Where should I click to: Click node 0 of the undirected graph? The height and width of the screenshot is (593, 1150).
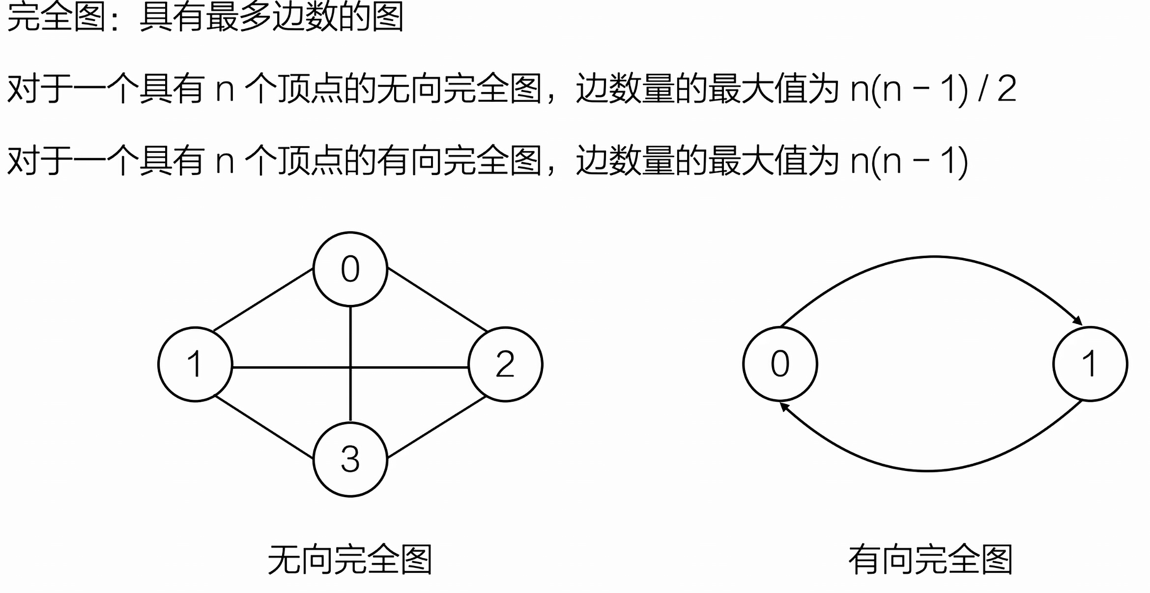pyautogui.click(x=350, y=269)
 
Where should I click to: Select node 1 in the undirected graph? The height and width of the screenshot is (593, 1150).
pyautogui.click(x=195, y=364)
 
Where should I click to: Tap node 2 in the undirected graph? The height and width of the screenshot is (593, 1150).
pyautogui.click(x=505, y=364)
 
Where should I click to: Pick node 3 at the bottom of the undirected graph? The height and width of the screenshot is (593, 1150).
pyautogui.click(x=350, y=459)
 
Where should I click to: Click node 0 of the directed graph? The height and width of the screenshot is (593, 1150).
pyautogui.click(x=780, y=364)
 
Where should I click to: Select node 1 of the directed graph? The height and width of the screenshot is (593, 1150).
pyautogui.click(x=1090, y=364)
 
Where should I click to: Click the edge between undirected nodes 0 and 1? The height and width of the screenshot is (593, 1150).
pyautogui.click(x=263, y=299)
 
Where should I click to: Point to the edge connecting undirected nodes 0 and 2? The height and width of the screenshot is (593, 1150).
pyautogui.click(x=437, y=299)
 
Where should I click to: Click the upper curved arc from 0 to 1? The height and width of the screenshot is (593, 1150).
pyautogui.click(x=934, y=257)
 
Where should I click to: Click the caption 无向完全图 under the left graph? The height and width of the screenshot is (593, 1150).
pyautogui.click(x=349, y=560)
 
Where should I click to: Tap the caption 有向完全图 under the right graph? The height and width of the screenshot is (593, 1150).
pyautogui.click(x=930, y=560)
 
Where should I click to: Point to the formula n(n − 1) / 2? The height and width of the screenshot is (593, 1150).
pyautogui.click(x=933, y=89)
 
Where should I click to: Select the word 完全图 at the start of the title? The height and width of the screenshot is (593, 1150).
pyautogui.click(x=57, y=16)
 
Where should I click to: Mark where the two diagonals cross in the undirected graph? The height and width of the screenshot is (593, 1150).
pyautogui.click(x=350, y=367)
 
